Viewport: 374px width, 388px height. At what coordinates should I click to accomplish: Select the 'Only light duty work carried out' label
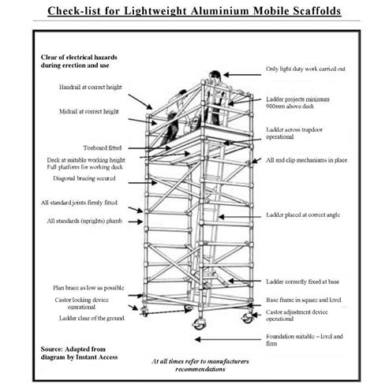[307, 69]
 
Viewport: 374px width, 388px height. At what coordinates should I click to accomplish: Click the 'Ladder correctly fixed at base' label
[303, 282]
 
